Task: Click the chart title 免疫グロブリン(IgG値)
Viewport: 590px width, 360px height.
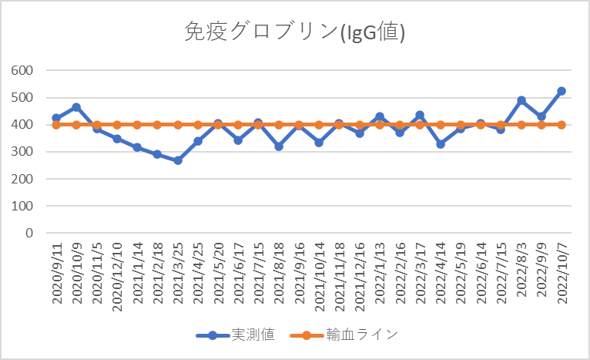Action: (295, 32)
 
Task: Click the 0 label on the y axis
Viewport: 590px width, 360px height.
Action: (29, 233)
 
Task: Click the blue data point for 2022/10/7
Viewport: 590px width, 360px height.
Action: (562, 91)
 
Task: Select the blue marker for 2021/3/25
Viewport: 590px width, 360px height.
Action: (178, 160)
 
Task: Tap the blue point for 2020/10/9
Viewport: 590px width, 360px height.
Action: (76, 107)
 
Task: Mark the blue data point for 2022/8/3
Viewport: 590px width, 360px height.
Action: (521, 100)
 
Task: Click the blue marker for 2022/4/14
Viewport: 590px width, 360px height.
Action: (441, 144)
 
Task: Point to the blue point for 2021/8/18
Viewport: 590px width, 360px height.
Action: (279, 146)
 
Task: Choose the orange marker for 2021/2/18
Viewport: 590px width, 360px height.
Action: (157, 124)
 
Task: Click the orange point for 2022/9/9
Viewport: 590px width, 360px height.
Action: (541, 124)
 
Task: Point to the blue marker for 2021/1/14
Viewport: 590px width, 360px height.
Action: (137, 147)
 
